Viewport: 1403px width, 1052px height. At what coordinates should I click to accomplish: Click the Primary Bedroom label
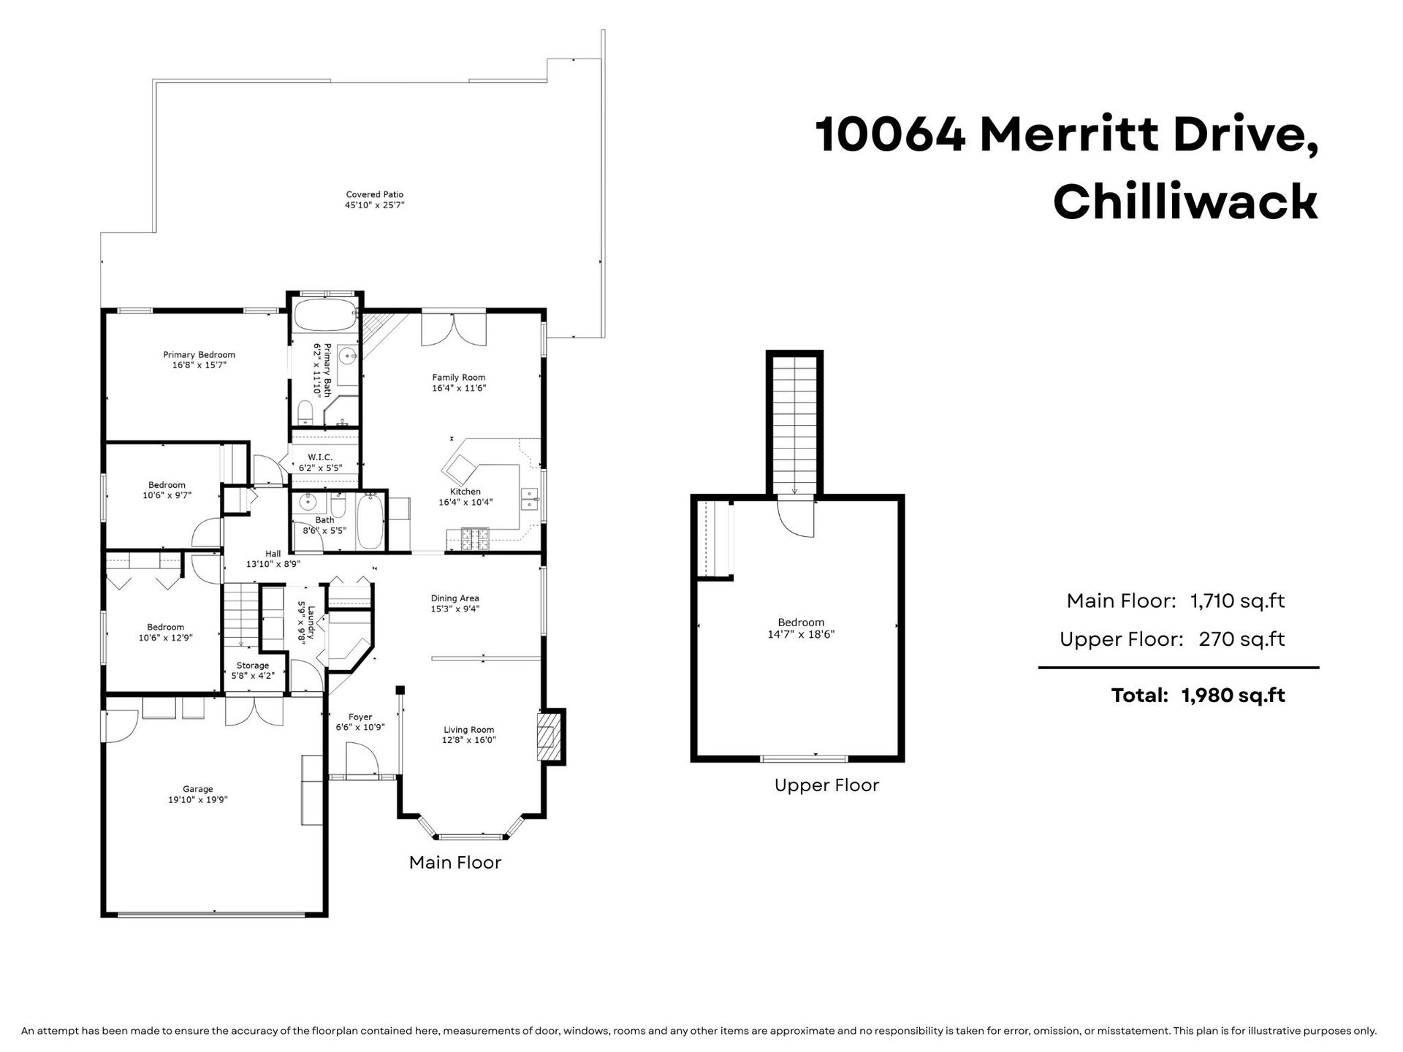tap(199, 355)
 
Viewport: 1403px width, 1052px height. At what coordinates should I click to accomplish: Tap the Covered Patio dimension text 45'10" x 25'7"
tap(375, 205)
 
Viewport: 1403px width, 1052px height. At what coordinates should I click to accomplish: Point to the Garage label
tap(198, 789)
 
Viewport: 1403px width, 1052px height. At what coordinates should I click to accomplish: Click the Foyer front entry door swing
tap(362, 759)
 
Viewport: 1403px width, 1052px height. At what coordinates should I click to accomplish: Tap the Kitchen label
tap(465, 492)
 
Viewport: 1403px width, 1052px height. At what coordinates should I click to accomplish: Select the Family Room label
tap(459, 378)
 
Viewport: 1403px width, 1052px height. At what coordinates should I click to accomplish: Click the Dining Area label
tap(455, 598)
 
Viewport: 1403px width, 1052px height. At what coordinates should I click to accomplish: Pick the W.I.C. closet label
tap(320, 457)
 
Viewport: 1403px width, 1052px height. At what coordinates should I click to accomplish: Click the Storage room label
tap(252, 666)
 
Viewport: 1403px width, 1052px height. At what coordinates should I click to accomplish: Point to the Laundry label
tap(311, 622)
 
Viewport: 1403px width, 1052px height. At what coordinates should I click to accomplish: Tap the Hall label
tap(273, 554)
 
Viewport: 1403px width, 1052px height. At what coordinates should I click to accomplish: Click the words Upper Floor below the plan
tap(826, 785)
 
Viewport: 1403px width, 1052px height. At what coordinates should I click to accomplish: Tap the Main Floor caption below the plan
tap(455, 862)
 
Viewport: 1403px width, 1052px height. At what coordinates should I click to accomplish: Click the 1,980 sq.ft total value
tap(1233, 695)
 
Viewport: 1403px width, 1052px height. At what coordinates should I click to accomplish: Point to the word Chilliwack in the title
tap(1185, 202)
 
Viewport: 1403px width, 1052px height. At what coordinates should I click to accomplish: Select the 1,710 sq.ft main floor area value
tap(1237, 601)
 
